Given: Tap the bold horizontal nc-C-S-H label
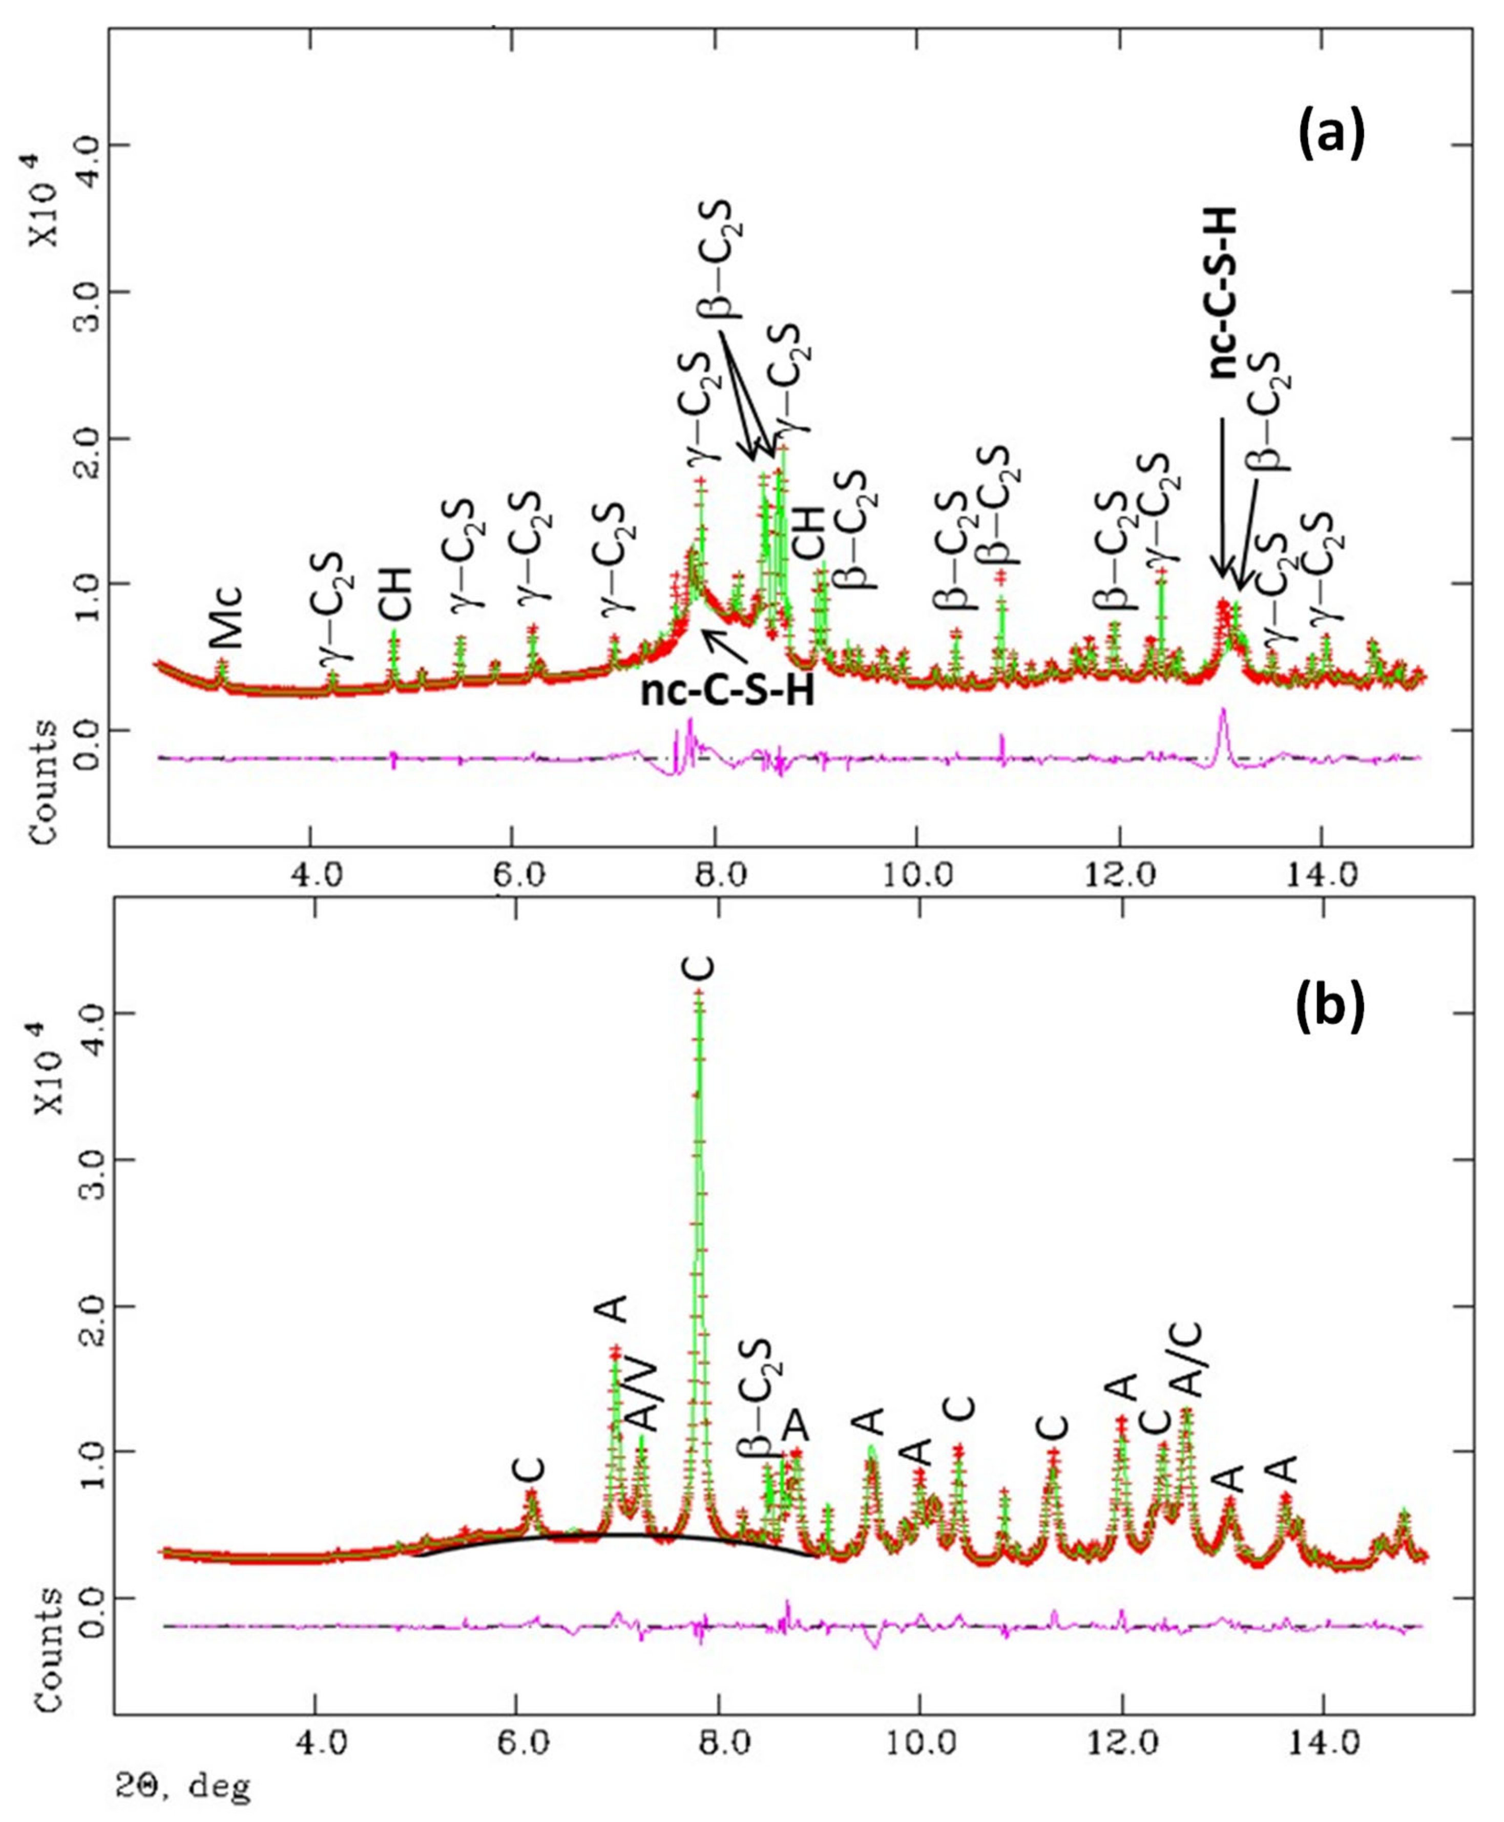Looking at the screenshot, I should tap(728, 691).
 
